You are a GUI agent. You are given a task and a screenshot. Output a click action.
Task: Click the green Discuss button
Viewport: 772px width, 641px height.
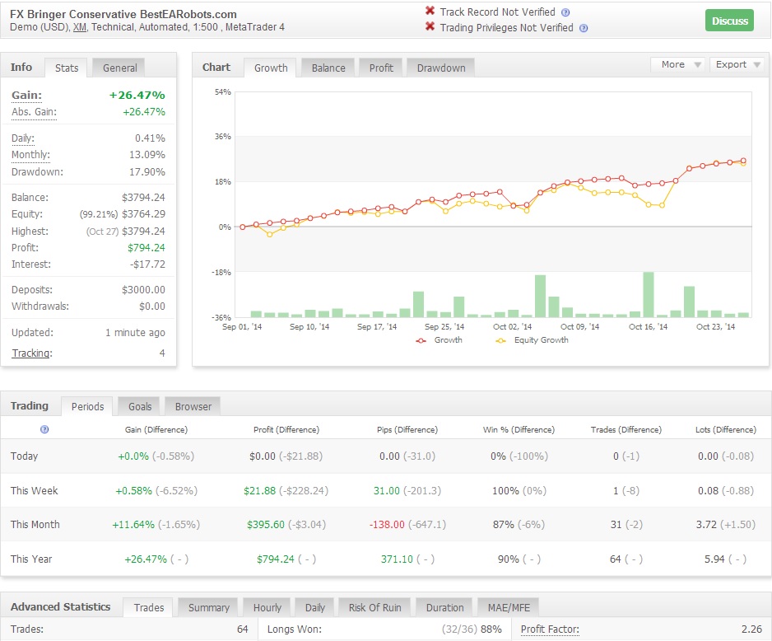click(729, 21)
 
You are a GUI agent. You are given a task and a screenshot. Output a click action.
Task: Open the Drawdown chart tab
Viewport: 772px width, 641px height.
click(440, 68)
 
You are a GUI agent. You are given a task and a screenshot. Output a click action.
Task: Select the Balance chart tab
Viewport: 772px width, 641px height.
click(328, 68)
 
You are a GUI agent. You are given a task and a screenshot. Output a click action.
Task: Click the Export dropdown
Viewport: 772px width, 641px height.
click(737, 64)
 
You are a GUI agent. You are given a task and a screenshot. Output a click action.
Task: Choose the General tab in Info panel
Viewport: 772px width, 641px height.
click(119, 68)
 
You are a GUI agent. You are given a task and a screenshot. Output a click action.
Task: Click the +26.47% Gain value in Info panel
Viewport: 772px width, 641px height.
click(137, 95)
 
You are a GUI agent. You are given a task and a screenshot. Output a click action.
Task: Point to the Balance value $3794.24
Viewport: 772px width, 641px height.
click(143, 198)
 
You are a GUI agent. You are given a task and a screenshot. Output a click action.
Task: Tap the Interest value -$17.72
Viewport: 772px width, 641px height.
click(147, 264)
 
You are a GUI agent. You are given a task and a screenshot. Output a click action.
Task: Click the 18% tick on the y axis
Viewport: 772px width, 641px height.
click(222, 182)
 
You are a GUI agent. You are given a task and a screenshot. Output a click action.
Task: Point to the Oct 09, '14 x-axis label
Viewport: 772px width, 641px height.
click(579, 326)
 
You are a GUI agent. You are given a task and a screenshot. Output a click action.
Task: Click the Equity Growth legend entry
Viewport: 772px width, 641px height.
click(532, 340)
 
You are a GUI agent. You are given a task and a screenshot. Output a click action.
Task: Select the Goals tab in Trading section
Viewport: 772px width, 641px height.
click(140, 406)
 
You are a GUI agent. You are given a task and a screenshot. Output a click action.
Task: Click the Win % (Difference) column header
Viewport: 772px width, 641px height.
click(519, 429)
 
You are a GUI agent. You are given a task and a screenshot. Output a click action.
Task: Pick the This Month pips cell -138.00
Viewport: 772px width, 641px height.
click(387, 524)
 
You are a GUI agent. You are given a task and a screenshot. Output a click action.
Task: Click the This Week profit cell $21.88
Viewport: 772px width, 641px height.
click(259, 491)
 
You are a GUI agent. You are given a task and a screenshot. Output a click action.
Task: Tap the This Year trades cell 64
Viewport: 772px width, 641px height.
click(616, 559)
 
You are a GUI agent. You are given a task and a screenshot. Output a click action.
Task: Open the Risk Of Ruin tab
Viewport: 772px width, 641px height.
click(374, 607)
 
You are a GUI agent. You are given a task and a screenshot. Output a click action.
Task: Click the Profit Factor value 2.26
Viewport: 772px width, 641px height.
click(751, 629)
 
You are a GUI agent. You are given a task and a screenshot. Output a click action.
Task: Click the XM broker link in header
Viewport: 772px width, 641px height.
click(79, 27)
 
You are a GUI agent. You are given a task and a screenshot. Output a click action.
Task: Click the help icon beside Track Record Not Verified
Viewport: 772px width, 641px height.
click(565, 12)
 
